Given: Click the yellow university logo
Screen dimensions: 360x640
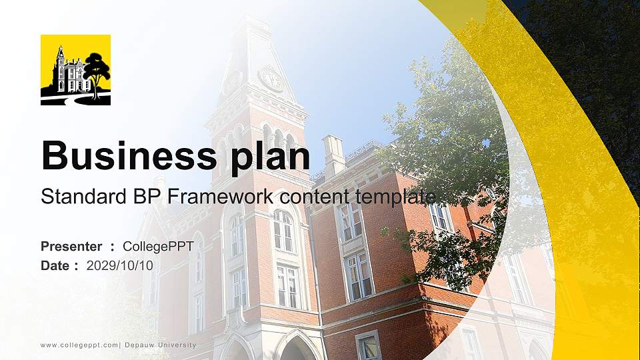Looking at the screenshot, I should point(75,70).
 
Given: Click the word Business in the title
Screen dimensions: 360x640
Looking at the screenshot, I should point(125,157).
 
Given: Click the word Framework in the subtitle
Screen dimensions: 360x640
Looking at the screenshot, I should point(222,197).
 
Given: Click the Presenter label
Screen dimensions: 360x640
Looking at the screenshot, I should point(71,247).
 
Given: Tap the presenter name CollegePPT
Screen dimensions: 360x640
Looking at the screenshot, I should point(158,247).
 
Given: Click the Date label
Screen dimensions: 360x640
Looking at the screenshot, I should point(55,265).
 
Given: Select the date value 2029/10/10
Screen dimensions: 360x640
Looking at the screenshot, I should point(120,265).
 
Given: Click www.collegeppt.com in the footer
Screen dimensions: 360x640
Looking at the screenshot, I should point(79,345).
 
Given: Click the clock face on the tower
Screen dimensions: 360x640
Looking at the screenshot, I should point(271,79).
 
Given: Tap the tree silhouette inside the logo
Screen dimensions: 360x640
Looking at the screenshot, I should point(97,72).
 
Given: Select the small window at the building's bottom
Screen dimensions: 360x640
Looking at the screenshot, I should point(368,345).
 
